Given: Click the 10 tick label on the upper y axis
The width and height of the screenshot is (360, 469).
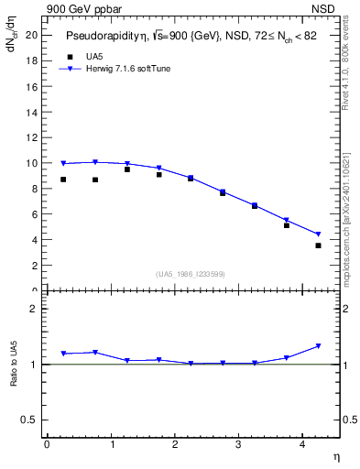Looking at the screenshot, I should (31, 163).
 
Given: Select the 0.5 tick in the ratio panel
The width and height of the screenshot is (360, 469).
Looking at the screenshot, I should (29, 420).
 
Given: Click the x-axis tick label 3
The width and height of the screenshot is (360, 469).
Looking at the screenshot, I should (238, 444).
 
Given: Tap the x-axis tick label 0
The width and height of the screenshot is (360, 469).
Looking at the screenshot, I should (47, 444).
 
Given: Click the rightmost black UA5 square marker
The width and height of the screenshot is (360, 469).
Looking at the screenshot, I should (318, 245).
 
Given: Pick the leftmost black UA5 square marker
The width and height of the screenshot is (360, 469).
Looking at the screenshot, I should (63, 180).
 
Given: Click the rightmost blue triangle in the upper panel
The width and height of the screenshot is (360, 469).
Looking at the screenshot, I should (318, 234).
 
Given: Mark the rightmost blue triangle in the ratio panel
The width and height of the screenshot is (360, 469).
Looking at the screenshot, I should (318, 346).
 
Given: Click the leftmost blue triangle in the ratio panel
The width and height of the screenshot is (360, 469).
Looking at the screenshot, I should (63, 354).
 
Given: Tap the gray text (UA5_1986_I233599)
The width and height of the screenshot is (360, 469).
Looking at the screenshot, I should (191, 274).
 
